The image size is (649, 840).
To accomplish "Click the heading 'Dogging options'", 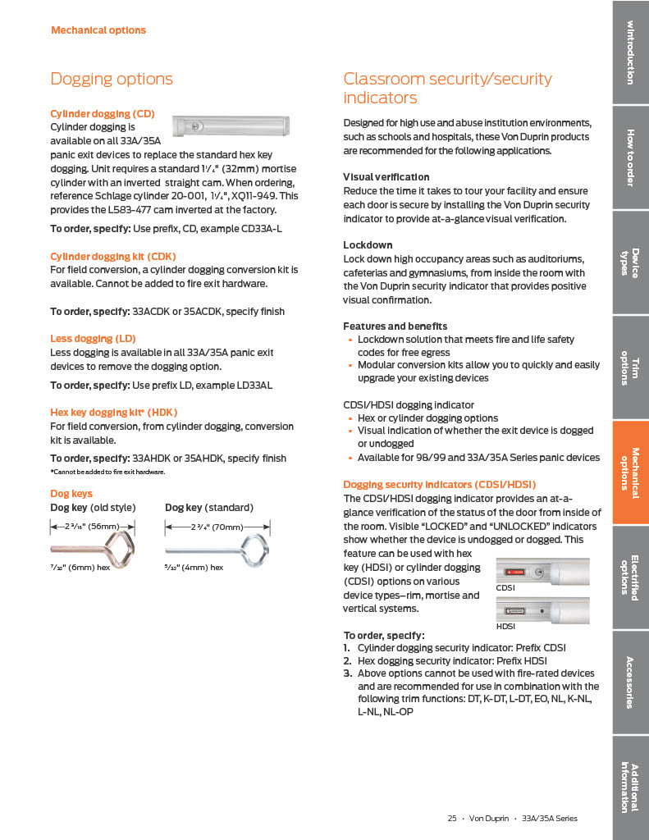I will click(112, 79).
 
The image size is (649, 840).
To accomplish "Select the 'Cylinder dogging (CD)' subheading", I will click(102, 113).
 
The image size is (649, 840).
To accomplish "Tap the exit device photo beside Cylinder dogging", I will click(232, 126).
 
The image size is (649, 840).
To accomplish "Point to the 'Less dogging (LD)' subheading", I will click(93, 338).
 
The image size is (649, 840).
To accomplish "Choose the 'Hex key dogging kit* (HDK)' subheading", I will click(113, 412).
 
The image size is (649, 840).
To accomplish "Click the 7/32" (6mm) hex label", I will click(80, 567).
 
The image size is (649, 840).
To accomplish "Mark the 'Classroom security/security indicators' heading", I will click(447, 88).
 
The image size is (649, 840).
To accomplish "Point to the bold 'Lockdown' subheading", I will click(367, 245).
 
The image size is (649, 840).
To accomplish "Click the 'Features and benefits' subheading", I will click(395, 326).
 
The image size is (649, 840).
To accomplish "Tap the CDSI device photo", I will click(542, 573).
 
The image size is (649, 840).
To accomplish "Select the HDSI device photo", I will click(542, 611).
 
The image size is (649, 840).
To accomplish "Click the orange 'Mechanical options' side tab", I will click(630, 472).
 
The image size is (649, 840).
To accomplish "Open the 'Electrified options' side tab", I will click(630, 577).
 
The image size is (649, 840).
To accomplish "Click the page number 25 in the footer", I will click(451, 818).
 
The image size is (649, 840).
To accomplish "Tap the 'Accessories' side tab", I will click(630, 682).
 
